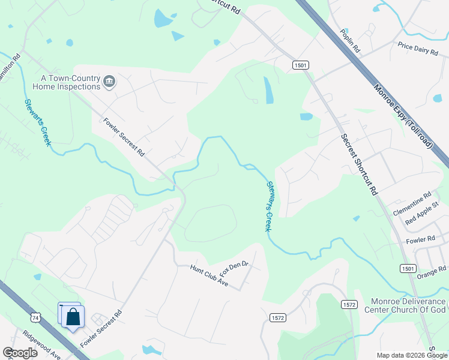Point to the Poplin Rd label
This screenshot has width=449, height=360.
coord(350,40)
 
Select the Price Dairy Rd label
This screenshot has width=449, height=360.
coord(418,49)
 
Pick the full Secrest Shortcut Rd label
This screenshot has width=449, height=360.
coord(359,164)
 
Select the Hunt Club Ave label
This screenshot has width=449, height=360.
coord(209,274)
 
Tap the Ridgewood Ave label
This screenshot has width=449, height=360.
coord(42,347)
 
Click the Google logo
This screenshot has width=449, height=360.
coord(20,353)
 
